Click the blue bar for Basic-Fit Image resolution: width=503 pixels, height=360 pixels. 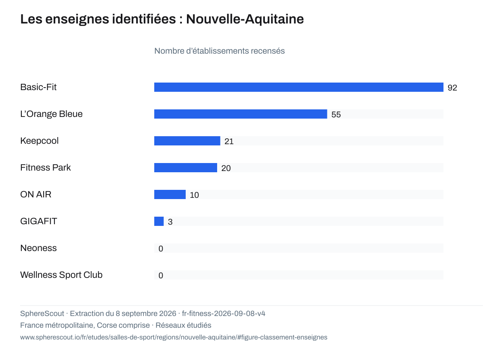point(298,87)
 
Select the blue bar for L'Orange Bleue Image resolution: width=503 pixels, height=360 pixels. point(241,114)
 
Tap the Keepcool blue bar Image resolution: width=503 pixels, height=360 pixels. point(187,141)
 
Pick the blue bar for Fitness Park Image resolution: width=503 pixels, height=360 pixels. point(186,168)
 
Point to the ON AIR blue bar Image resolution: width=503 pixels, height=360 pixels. point(170,194)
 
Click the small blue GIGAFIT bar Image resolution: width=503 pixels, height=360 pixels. point(159,221)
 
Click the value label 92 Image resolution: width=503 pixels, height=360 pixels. point(452,88)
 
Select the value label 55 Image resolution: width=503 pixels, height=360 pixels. point(336,114)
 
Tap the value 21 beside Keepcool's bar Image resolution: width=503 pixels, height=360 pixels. point(229,141)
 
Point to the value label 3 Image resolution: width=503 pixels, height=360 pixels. point(170,222)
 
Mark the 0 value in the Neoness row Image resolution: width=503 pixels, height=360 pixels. point(161,249)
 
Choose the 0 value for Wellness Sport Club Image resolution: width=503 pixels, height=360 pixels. point(161,275)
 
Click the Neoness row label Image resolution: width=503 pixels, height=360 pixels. point(39,248)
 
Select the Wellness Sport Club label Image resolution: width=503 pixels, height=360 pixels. point(61,275)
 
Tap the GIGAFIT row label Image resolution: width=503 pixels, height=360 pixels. point(39,221)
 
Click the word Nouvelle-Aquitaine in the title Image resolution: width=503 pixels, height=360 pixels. point(245,19)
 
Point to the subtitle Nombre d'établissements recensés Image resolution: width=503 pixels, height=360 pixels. point(219,51)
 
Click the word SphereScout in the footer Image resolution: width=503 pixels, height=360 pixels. point(42,313)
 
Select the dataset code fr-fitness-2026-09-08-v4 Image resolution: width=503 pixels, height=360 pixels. point(223,313)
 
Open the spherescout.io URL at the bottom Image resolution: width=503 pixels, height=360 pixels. point(174,337)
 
